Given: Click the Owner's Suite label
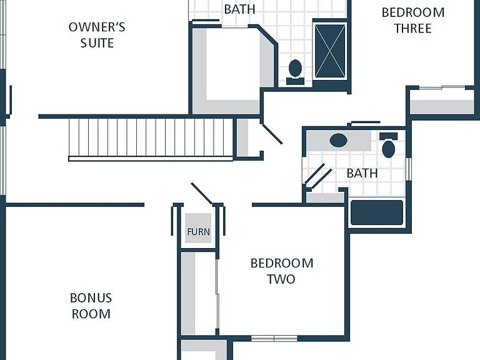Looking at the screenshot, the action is pos(97,35).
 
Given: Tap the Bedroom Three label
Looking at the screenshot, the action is pos(413,20).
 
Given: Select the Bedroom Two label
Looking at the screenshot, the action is pos(282,271).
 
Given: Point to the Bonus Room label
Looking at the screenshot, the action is pos(91,306).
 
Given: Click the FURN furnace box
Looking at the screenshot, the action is pos(198,228).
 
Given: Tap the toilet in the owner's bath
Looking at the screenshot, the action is pos(295,72).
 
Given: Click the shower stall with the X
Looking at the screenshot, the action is pos(330,51).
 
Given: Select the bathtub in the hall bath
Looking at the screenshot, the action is pos(377,212).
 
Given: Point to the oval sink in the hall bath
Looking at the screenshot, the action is pos(339,141).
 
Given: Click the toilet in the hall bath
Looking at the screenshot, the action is pos(389,145).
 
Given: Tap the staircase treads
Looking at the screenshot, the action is pos(151,137).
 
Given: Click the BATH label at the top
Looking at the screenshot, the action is pos(239,9).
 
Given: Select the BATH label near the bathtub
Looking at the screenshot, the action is pos(362,173).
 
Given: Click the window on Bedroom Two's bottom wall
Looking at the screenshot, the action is pos(274,338).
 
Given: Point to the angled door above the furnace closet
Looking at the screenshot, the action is pos(202,194).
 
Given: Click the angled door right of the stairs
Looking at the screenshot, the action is pos(271,134).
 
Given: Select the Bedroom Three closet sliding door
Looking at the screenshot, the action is pos(442,88).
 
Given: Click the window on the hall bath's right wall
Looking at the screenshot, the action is pos(408,169).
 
